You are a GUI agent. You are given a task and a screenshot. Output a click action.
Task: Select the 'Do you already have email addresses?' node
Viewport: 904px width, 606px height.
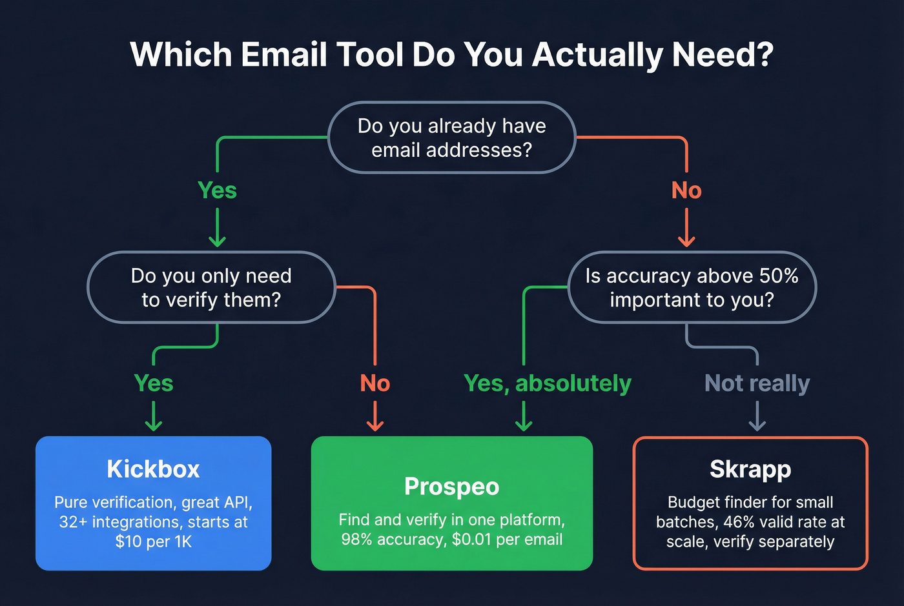[451, 137]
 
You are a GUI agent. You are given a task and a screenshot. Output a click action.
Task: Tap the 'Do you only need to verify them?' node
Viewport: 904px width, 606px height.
[211, 288]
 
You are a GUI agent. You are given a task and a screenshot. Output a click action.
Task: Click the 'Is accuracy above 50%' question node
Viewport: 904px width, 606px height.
[692, 288]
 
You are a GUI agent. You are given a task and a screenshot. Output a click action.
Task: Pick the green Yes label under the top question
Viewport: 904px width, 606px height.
[217, 190]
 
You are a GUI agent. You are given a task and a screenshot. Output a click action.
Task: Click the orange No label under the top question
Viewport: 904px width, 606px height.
[686, 190]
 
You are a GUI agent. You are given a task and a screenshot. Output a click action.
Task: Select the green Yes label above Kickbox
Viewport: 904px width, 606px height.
[154, 383]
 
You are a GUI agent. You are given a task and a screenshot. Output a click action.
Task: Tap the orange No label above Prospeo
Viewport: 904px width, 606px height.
[375, 383]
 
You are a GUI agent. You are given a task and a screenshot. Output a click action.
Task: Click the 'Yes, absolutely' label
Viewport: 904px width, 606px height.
[548, 383]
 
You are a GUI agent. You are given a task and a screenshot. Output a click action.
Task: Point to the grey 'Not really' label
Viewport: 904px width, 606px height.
[757, 383]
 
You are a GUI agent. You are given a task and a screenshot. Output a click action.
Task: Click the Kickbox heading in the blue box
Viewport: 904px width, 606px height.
[153, 469]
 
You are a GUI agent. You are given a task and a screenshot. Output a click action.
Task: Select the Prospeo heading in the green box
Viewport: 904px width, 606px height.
[451, 487]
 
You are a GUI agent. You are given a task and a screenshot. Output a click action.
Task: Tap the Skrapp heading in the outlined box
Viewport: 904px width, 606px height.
[750, 469]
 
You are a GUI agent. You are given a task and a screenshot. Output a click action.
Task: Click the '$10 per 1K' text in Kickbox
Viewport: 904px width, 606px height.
[153, 541]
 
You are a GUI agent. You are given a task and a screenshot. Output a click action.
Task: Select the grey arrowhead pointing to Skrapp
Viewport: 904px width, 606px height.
[757, 425]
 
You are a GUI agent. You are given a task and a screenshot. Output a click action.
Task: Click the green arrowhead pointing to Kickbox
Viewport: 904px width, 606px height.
[154, 425]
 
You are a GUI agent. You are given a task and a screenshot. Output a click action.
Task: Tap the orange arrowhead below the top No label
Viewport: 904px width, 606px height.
[686, 241]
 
